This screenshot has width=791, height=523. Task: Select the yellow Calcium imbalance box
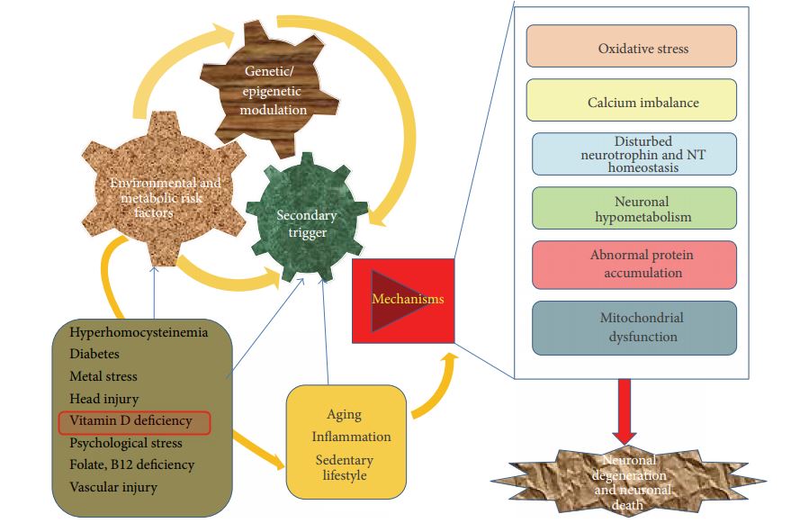point(630,101)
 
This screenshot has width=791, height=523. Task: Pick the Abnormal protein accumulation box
point(634,265)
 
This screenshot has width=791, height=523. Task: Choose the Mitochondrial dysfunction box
point(634,327)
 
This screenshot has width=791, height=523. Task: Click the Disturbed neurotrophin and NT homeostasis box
point(634,154)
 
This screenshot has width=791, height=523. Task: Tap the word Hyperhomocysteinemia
point(139,333)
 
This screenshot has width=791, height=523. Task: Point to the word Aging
point(345,415)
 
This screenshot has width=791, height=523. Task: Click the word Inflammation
point(352,437)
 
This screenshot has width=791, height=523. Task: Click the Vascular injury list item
point(113,487)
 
